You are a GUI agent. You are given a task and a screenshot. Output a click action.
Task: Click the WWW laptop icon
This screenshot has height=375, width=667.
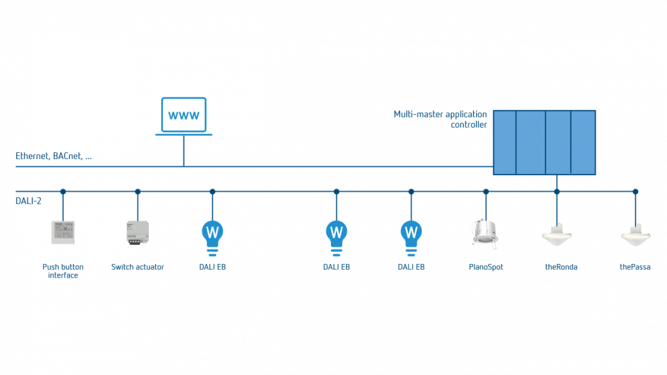tap(184, 116)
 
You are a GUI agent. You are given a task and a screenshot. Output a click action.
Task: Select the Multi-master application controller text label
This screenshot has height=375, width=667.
tap(440, 119)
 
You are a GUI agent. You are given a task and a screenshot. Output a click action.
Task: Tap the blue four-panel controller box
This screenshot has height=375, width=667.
tap(544, 142)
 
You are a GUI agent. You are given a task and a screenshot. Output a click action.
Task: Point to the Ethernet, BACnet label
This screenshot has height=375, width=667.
tap(54, 157)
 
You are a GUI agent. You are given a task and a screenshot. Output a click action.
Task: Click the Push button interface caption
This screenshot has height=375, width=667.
tap(62, 271)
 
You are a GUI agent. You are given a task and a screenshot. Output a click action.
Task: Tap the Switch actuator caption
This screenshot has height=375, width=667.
tap(138, 267)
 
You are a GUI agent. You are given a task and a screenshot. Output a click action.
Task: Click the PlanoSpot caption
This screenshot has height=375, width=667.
tap(485, 267)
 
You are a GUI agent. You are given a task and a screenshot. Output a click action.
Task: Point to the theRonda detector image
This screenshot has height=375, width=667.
tap(556, 235)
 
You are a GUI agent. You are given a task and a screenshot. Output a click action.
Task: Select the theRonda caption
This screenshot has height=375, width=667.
tap(561, 267)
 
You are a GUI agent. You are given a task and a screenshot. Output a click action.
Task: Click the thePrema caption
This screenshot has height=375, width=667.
tap(635, 267)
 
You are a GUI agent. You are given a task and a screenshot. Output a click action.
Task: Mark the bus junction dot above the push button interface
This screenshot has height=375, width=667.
tap(62, 192)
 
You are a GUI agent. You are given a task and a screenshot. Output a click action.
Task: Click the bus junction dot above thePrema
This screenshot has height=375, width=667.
tap(635, 192)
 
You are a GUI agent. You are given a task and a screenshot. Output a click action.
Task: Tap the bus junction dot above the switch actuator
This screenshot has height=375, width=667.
tap(138, 192)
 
